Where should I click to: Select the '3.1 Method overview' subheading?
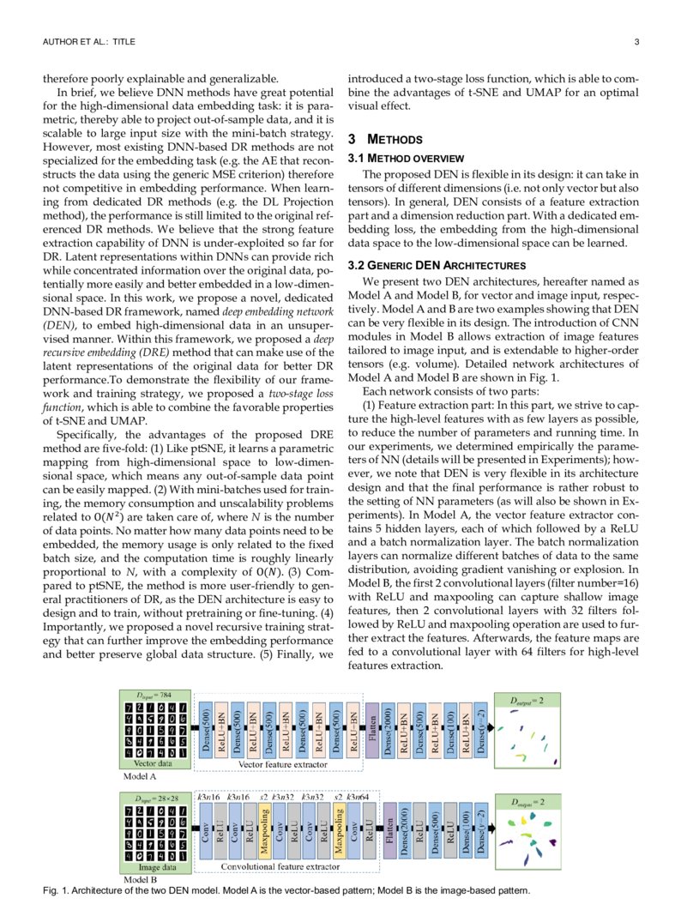click(x=405, y=159)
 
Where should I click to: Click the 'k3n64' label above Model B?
click(x=358, y=798)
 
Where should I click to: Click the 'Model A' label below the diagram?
click(x=140, y=777)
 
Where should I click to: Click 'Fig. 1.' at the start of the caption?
click(x=55, y=890)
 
